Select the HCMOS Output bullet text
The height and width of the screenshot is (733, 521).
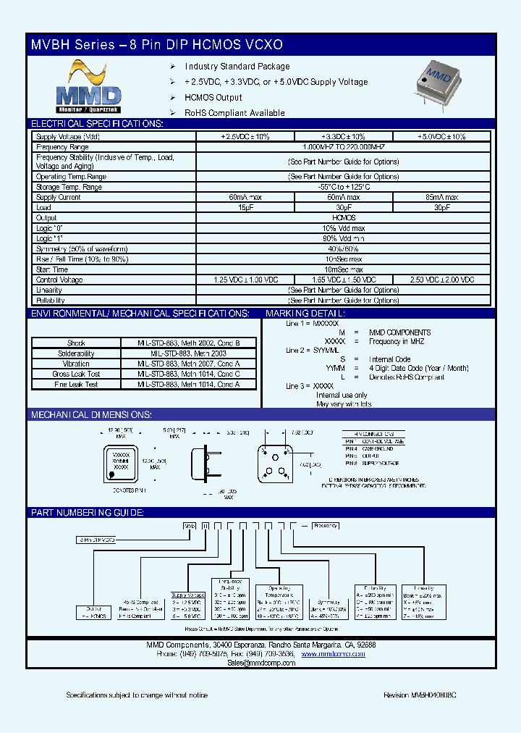pyautogui.click(x=213, y=98)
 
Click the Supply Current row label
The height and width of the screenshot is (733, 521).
pyautogui.click(x=59, y=197)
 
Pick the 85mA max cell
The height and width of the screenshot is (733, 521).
pyautogui.click(x=441, y=197)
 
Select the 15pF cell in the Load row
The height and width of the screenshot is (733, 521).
pyautogui.click(x=245, y=207)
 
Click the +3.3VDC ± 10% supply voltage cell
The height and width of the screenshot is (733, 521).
pyautogui.click(x=343, y=136)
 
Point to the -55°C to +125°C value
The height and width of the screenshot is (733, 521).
pyautogui.click(x=343, y=187)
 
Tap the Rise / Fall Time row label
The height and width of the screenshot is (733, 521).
pyautogui.click(x=82, y=259)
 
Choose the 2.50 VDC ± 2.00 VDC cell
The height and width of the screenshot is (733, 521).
pyautogui.click(x=441, y=280)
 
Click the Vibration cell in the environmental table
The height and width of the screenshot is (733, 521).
pyautogui.click(x=76, y=364)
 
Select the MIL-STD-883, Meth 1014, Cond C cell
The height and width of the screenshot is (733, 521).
pyautogui.click(x=188, y=374)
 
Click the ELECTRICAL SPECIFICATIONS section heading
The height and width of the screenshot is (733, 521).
pyautogui.click(x=97, y=123)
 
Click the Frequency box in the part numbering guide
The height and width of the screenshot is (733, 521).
pyautogui.click(x=325, y=527)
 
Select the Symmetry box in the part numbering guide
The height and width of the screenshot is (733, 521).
pyautogui.click(x=329, y=606)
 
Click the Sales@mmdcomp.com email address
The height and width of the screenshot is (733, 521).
pyautogui.click(x=260, y=663)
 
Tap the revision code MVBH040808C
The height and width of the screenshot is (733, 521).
pyautogui.click(x=419, y=695)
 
